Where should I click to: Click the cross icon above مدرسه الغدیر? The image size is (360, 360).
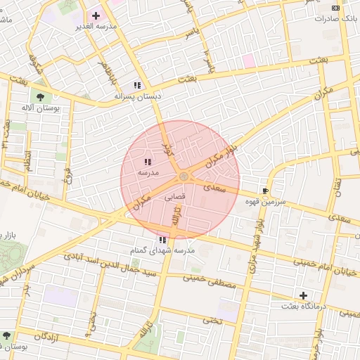coord(96,15)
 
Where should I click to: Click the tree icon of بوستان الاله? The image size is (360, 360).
coord(38,97)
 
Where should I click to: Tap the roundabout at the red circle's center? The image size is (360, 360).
coord(184,176)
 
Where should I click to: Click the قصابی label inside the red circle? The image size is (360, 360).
coord(174,198)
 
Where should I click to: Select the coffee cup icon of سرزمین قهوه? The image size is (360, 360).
coord(265,191)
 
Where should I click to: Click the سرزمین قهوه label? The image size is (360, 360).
coord(262,202)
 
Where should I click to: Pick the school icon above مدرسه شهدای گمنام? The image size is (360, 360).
coord(162,240)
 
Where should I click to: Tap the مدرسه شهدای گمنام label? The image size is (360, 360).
coord(162,251)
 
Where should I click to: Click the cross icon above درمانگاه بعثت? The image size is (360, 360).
coord(303,295)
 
